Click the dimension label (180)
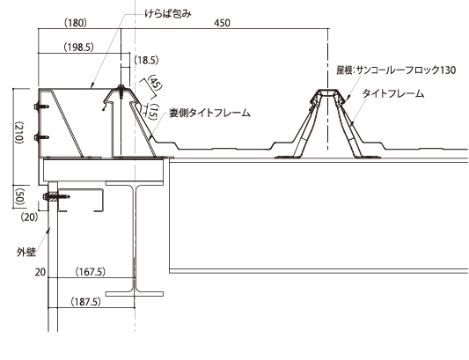pyautogui.click(x=76, y=23)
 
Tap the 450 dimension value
pyautogui.click(x=222, y=23)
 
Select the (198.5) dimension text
pyautogui.click(x=78, y=47)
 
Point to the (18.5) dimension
pyautogui.click(x=146, y=61)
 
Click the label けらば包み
pyautogui.click(x=167, y=14)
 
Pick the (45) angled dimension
pyautogui.click(x=155, y=82)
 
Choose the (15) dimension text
pyautogui.click(x=153, y=112)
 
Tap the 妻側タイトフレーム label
pyautogui.click(x=209, y=114)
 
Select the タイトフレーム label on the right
pyautogui.click(x=393, y=93)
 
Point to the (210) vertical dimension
pyautogui.click(x=18, y=132)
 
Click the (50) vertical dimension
pyautogui.click(x=19, y=196)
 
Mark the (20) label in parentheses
pyautogui.click(x=30, y=217)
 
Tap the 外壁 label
pyautogui.click(x=26, y=253)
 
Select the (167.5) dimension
pyautogui.click(x=91, y=272)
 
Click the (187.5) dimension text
pyautogui.click(x=85, y=302)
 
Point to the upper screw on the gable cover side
pyautogui.click(x=42, y=107)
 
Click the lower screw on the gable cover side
pyautogui.click(x=42, y=137)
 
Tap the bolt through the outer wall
pyautogui.click(x=56, y=196)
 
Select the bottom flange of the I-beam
pyautogui.click(x=135, y=294)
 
